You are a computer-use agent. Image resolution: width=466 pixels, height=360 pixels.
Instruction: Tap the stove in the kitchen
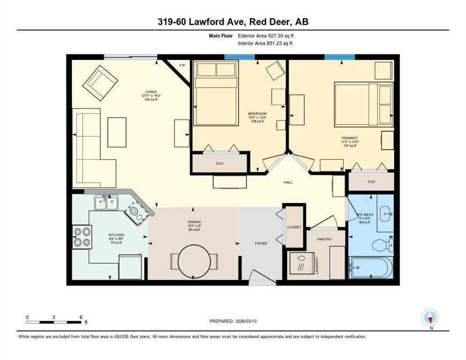click(82, 237)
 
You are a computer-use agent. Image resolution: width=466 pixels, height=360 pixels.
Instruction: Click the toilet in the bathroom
click(382, 244)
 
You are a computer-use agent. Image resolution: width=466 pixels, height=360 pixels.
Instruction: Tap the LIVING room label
click(150, 91)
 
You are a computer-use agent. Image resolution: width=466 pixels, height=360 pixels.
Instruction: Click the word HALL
click(288, 182)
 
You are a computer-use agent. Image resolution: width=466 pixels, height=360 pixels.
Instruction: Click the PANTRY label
click(324, 239)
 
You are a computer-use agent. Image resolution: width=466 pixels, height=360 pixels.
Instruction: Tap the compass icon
click(430, 317)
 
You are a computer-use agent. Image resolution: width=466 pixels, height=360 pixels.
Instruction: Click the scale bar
click(53, 322)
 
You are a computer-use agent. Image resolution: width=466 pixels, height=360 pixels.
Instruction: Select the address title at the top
click(233, 22)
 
